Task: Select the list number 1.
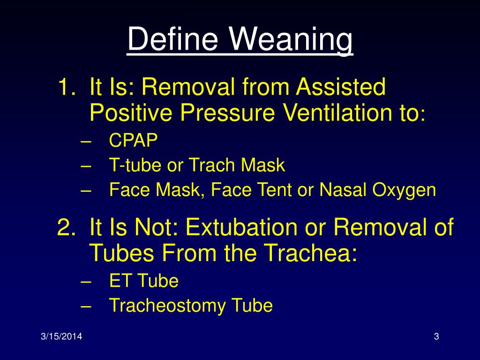pos(66,88)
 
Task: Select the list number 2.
pos(66,228)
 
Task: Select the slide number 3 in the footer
pos(436,337)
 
